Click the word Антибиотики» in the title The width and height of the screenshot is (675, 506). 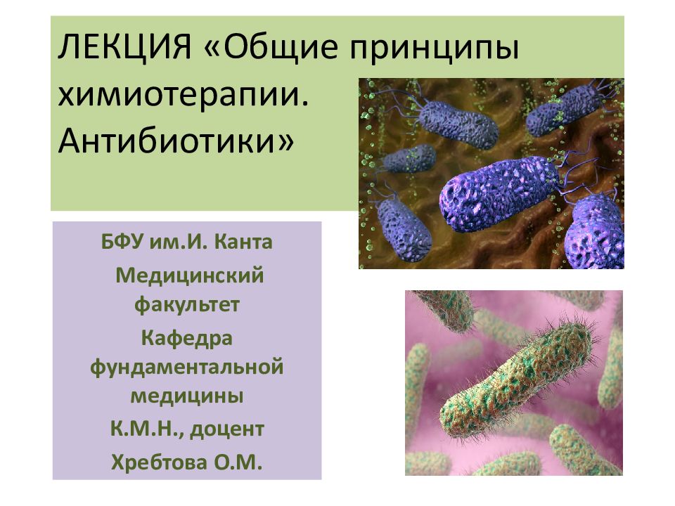(x=176, y=140)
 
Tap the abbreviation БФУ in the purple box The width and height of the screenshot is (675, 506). (x=122, y=243)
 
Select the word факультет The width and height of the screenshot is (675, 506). (x=187, y=305)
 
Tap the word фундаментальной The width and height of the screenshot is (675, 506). (x=187, y=366)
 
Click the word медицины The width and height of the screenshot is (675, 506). (x=187, y=396)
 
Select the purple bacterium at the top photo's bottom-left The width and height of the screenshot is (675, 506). (x=404, y=228)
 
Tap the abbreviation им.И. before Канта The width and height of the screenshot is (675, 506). (x=181, y=243)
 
